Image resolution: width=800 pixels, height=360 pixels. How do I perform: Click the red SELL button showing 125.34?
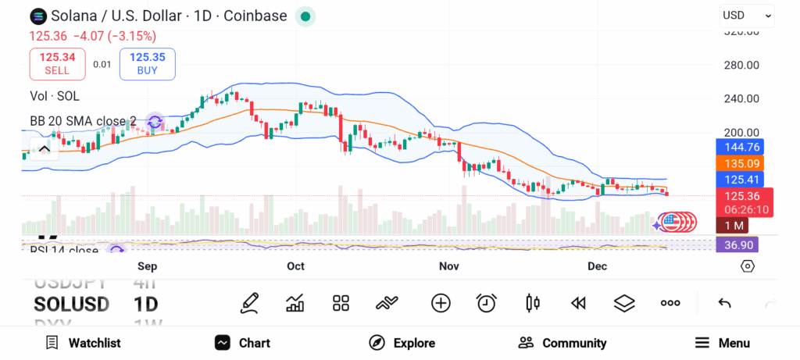click(x=57, y=63)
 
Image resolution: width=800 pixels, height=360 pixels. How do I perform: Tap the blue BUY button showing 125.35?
click(x=147, y=63)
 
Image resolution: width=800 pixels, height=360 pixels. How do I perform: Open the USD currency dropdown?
click(x=747, y=15)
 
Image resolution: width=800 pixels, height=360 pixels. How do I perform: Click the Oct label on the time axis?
click(x=295, y=266)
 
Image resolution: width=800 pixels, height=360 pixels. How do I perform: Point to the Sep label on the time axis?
click(x=148, y=266)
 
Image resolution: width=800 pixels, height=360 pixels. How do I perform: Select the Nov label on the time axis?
click(x=448, y=266)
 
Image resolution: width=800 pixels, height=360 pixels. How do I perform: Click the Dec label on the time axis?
click(x=598, y=266)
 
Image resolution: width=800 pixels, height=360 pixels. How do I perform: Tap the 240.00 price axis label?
click(x=741, y=98)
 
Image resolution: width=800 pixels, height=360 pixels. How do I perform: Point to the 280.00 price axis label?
click(x=741, y=65)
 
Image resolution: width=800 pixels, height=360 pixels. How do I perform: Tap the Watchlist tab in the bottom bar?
click(x=83, y=343)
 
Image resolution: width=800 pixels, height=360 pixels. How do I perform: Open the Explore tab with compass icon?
click(x=402, y=343)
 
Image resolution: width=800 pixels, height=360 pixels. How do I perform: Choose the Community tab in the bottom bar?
click(x=562, y=343)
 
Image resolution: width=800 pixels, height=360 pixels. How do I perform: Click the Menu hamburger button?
click(x=722, y=343)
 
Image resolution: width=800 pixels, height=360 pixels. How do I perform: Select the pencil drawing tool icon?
click(x=249, y=303)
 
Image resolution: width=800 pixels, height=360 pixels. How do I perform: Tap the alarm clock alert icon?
click(x=487, y=303)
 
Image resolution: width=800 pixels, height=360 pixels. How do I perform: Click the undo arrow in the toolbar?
click(x=724, y=303)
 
